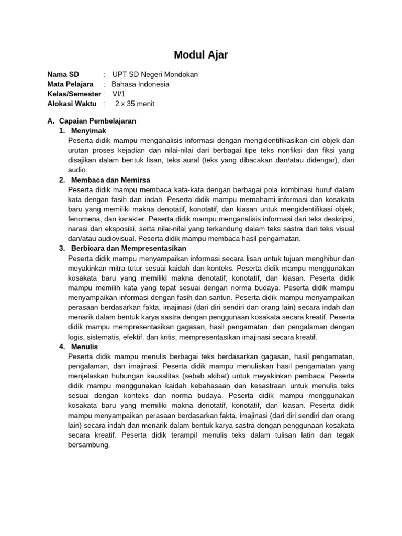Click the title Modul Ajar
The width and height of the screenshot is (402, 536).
(200, 55)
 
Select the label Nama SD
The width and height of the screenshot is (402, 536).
(63, 74)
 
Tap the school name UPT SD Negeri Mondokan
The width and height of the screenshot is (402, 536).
(155, 74)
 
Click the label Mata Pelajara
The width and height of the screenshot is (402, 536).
(70, 84)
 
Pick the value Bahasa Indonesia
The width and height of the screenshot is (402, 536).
(140, 84)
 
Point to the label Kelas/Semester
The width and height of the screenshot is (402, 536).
(74, 94)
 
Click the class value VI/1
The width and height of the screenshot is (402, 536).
(119, 94)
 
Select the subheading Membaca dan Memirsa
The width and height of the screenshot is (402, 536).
(108, 180)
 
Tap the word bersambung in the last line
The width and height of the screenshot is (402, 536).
(88, 445)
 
